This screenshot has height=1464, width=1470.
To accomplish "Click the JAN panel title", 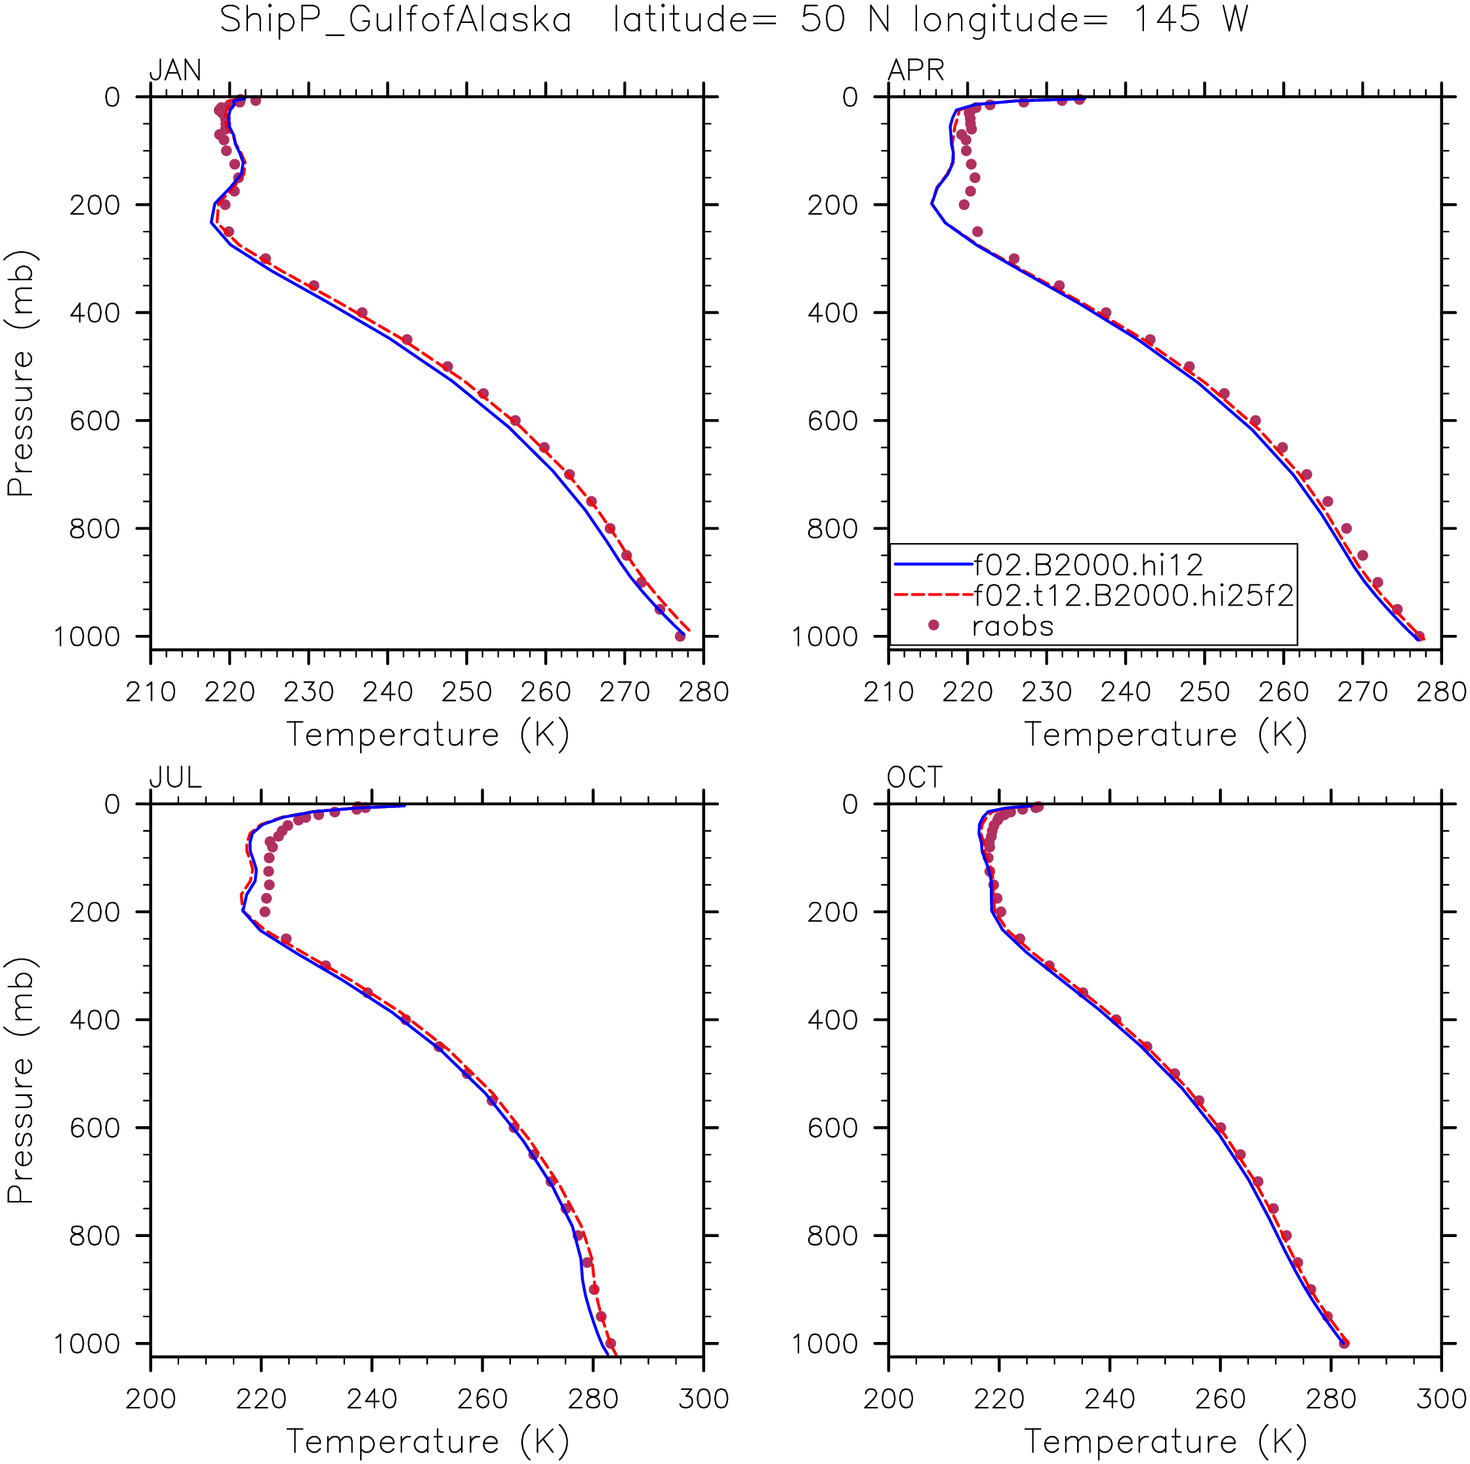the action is [176, 70].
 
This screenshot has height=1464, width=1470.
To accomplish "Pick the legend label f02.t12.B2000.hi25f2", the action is [1133, 595].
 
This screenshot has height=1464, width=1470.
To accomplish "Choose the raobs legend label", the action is [1013, 626].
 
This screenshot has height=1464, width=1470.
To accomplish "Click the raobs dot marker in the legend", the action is [933, 624].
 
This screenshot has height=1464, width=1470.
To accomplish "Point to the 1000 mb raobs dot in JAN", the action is [680, 636].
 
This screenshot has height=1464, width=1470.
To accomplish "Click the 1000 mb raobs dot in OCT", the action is [1343, 1343].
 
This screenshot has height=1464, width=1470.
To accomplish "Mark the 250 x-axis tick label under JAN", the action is [466, 692].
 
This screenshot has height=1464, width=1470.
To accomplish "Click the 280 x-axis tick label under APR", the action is [1441, 692].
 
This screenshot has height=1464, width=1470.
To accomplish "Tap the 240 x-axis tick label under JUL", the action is [372, 1398].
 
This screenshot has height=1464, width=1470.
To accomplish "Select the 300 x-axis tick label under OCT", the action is [1441, 1398].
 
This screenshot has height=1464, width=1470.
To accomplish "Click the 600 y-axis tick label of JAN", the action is [94, 421].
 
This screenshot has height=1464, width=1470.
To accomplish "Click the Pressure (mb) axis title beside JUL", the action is [20, 1080].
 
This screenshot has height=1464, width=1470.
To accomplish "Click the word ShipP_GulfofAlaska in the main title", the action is [395, 20].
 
